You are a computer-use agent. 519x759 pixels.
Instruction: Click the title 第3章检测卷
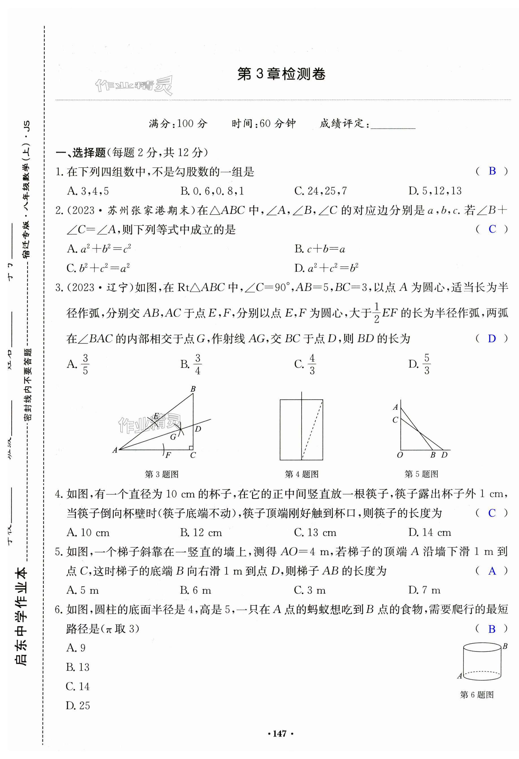(281, 74)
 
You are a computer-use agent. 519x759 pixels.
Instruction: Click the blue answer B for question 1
(492, 171)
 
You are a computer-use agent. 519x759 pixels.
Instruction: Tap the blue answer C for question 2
(492, 229)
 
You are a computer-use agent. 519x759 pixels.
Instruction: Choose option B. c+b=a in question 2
(319, 249)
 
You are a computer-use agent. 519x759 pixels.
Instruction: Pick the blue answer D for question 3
(492, 339)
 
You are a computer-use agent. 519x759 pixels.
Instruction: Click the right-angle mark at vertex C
(191, 448)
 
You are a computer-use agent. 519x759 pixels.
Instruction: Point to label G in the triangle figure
(173, 437)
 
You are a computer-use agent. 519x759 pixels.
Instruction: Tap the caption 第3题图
(162, 474)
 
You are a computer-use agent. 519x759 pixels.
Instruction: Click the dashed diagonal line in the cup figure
(312, 429)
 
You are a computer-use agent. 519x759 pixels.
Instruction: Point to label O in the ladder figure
(400, 455)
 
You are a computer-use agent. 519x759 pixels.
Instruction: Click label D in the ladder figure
(444, 455)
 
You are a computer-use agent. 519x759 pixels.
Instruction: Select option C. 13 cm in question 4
(315, 532)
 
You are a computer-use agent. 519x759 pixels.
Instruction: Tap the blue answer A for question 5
(492, 571)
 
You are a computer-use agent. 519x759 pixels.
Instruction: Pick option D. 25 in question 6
(78, 705)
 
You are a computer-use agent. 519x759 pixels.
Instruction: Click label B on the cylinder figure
(505, 646)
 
